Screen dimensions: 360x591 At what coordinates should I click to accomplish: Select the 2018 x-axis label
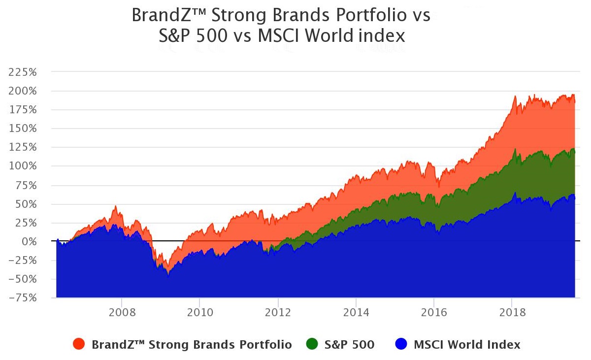click(x=512, y=312)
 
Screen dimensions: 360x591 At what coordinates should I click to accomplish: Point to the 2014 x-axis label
click(x=356, y=312)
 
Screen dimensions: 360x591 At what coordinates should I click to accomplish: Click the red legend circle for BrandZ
click(x=79, y=344)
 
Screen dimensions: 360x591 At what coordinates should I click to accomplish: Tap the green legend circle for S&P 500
click(x=312, y=344)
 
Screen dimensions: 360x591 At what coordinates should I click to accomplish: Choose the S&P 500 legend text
click(x=350, y=345)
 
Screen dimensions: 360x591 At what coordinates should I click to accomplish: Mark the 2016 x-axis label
click(x=434, y=312)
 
